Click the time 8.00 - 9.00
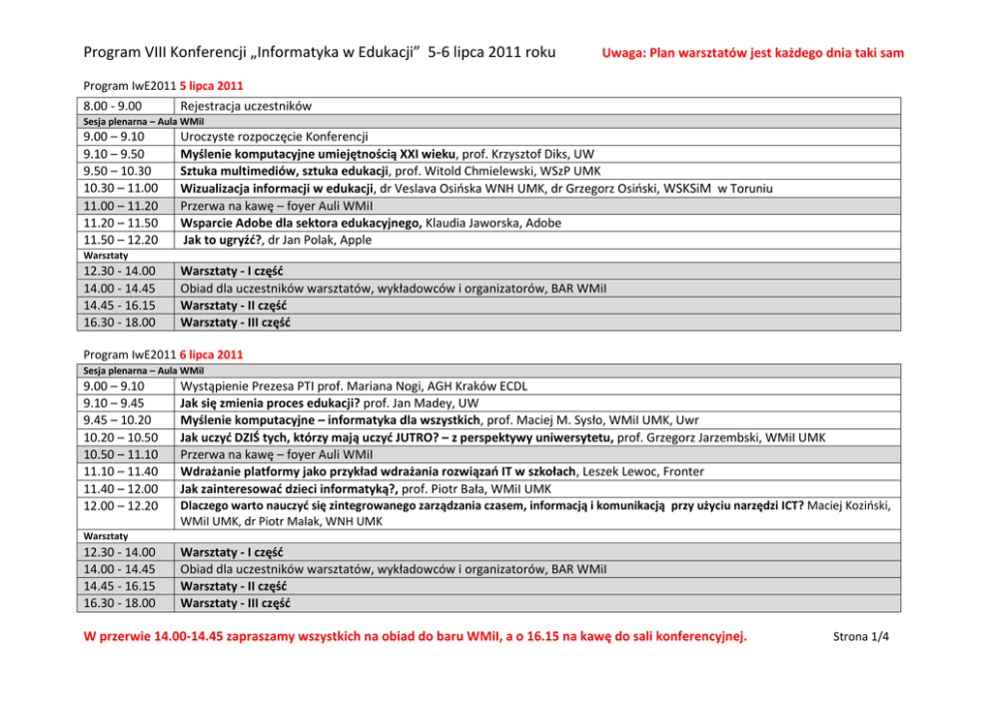click(x=113, y=106)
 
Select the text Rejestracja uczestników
click(x=246, y=106)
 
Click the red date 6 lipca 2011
click(x=211, y=354)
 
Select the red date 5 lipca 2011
click(x=211, y=86)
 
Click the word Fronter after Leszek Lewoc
click(x=680, y=471)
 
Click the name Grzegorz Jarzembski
click(x=685, y=437)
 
